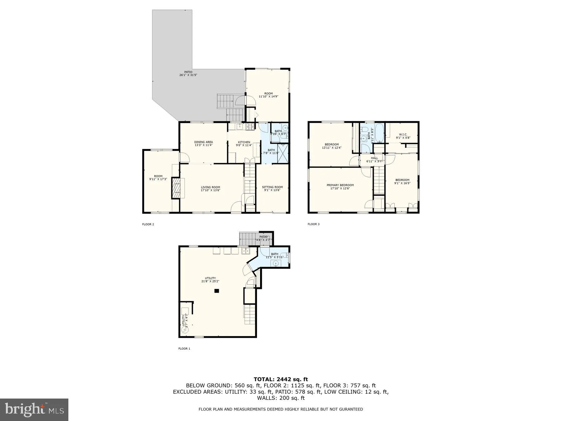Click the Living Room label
(x=210, y=189)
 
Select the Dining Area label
(x=203, y=143)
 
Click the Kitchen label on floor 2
(x=244, y=143)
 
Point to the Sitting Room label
(x=272, y=189)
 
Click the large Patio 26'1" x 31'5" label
(x=188, y=73)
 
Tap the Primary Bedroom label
(x=340, y=186)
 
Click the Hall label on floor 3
(x=374, y=159)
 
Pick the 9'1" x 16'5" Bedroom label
(x=402, y=181)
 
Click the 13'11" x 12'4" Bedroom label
(x=332, y=146)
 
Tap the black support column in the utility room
(x=217, y=291)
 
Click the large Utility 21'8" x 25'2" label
(x=210, y=280)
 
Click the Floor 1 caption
(x=184, y=349)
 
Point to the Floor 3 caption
(x=313, y=224)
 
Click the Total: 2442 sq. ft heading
(x=281, y=380)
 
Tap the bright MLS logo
(x=34, y=409)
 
